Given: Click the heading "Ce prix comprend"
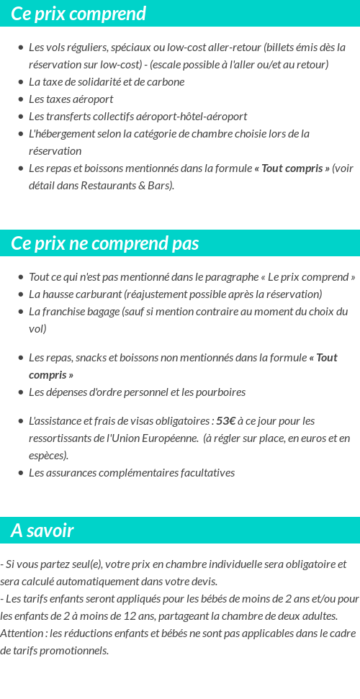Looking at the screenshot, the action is [78, 14].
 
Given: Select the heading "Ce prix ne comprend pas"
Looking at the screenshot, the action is [105, 243].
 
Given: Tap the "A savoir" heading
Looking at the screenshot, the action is [42, 531].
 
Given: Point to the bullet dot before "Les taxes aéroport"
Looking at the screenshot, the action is [21, 99].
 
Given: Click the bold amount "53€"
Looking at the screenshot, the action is [226, 420].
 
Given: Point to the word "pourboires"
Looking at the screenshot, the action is [220, 392].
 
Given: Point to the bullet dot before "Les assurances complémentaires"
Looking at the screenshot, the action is [21, 473].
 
